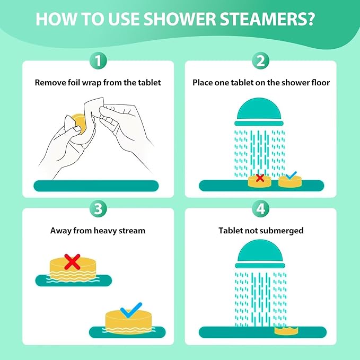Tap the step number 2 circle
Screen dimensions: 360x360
coord(260,61)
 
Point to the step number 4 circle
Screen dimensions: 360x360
coord(260,208)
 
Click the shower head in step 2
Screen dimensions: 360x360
coord(260,112)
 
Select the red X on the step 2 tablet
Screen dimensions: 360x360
coord(260,178)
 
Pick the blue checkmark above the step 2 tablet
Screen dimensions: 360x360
coord(291,175)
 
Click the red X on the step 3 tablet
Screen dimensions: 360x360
coord(72,260)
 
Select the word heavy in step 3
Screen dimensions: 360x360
coord(97,231)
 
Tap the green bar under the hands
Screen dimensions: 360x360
coord(96,186)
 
